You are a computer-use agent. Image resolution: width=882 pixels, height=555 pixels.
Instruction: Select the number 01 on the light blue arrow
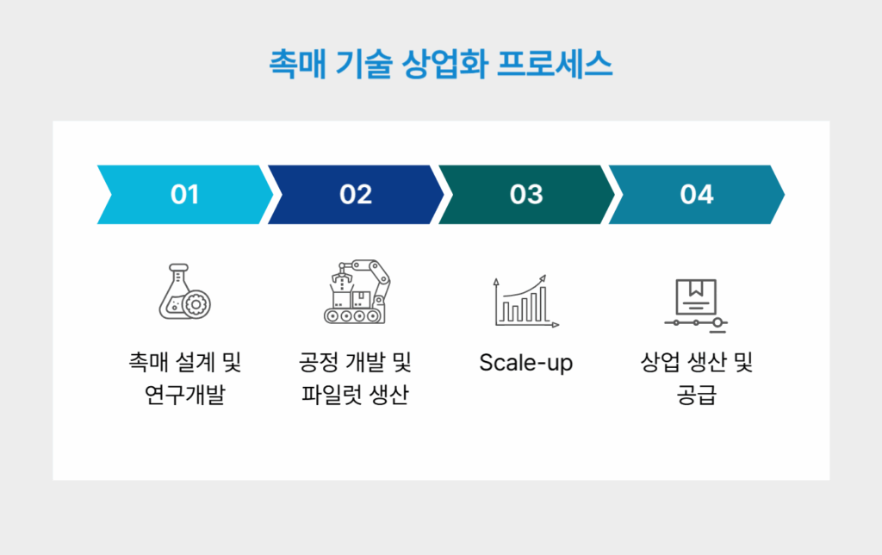(x=185, y=195)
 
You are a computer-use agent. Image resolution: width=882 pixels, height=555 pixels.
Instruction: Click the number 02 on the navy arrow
(x=356, y=195)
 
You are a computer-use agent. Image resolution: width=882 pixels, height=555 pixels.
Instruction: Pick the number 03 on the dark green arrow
(x=526, y=195)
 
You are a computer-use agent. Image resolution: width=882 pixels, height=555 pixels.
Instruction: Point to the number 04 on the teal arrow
(x=697, y=195)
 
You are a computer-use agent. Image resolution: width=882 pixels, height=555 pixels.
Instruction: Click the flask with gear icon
(x=184, y=293)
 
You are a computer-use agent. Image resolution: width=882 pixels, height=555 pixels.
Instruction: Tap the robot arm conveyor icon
(x=355, y=293)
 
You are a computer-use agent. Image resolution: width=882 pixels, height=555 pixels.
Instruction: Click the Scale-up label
(x=525, y=363)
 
